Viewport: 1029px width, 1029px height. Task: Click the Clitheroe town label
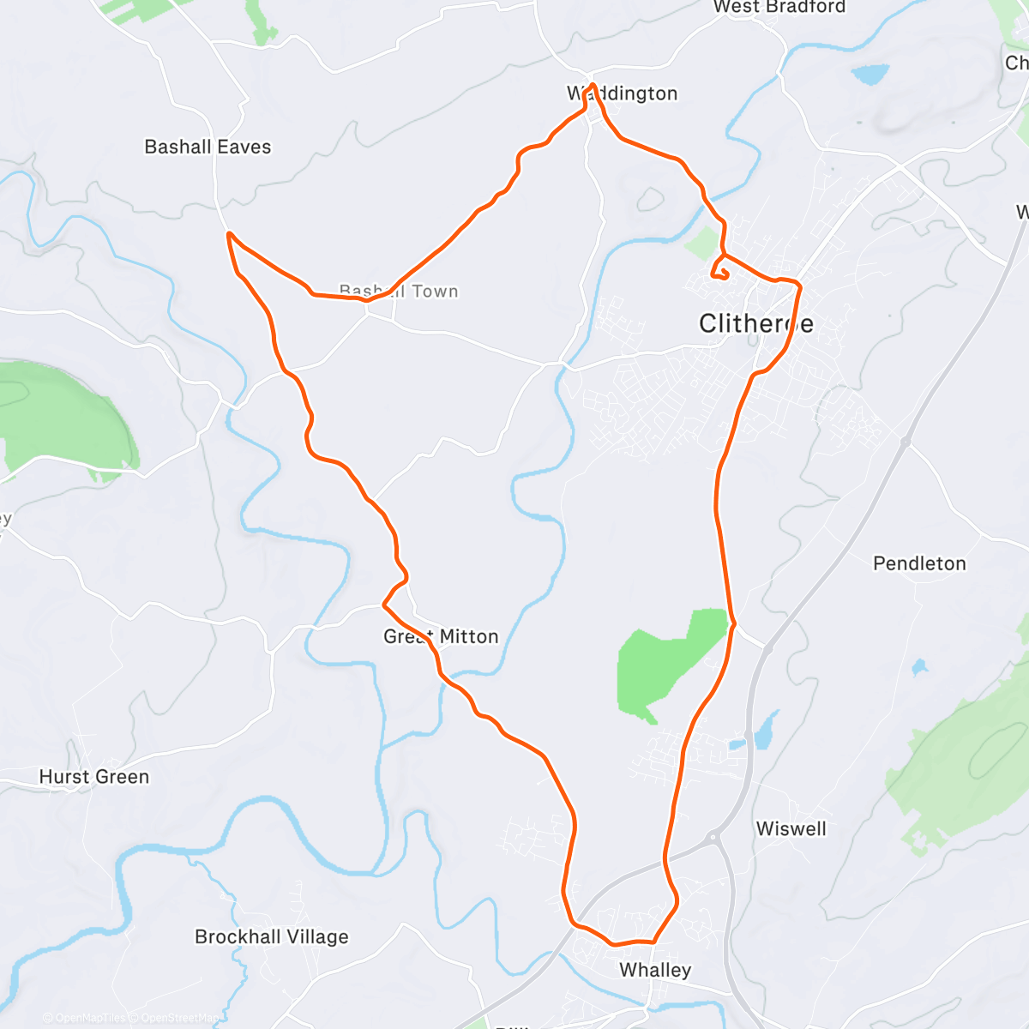point(755,323)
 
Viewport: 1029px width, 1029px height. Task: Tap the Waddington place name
point(623,93)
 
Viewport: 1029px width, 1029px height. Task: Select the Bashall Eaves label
point(208,147)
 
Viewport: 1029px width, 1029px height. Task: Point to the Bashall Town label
point(399,292)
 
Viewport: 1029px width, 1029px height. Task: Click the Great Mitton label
point(441,636)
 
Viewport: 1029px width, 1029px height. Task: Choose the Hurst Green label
point(94,777)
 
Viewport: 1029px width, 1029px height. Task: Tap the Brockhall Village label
point(272,936)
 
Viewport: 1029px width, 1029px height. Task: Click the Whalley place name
point(655,970)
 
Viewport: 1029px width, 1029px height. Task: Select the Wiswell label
point(791,829)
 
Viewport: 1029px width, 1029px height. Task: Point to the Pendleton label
point(919,563)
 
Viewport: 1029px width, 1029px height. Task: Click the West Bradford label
point(779,7)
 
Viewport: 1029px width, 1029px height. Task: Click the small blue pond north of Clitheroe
point(870,75)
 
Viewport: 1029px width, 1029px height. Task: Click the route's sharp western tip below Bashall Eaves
point(228,233)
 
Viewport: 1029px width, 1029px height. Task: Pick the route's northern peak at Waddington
point(593,85)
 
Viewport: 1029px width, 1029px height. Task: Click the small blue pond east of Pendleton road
point(919,666)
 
